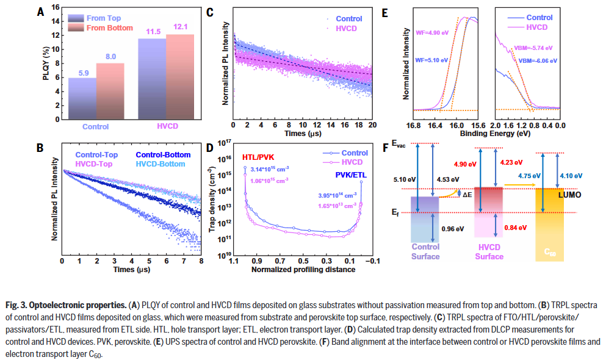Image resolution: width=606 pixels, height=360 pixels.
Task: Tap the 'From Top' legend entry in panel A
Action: pyautogui.click(x=104, y=18)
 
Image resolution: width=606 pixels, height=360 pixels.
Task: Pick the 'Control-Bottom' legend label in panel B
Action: pyautogui.click(x=163, y=155)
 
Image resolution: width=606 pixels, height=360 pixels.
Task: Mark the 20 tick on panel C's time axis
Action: pyautogui.click(x=370, y=125)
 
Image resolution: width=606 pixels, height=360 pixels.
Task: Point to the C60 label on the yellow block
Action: pyautogui.click(x=552, y=251)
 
